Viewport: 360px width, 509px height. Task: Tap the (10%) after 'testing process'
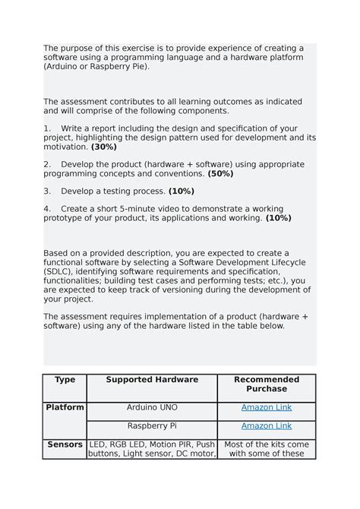point(182,191)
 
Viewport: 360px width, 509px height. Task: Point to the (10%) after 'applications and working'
point(279,217)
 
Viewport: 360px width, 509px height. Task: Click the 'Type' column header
point(65,379)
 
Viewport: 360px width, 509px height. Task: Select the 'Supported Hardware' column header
point(152,379)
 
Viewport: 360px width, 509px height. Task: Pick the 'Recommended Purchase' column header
point(266,384)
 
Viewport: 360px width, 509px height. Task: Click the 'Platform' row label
point(65,407)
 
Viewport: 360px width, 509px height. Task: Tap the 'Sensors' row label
point(65,444)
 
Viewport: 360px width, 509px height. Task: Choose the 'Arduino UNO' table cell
point(152,407)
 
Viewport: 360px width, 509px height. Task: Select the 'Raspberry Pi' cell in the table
point(152,425)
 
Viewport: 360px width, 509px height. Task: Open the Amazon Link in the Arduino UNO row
point(266,407)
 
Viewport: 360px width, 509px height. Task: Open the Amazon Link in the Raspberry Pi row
point(266,425)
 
